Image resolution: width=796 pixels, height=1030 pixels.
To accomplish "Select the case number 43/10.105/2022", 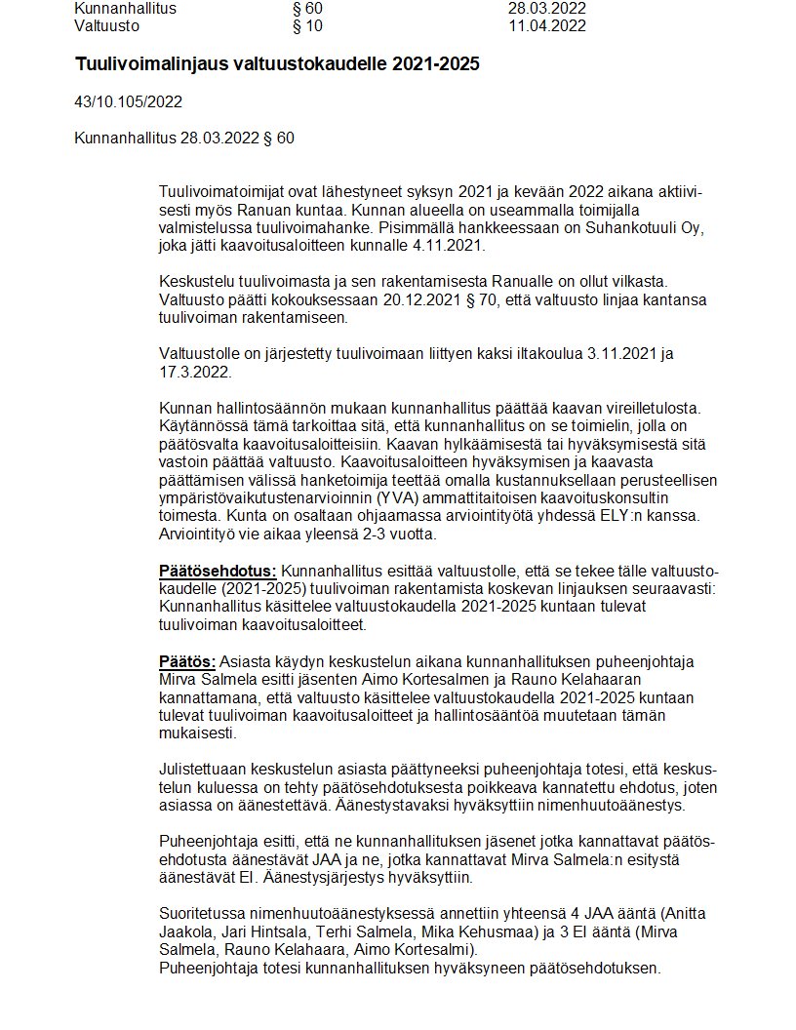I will [128, 101].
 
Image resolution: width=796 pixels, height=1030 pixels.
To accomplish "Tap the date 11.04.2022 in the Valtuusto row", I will [547, 25].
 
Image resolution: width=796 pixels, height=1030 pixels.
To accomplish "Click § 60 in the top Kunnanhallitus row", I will [307, 8].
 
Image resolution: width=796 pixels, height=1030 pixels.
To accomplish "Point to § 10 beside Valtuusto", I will [307, 25].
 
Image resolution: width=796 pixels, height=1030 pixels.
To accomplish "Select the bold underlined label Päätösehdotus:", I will [218, 571].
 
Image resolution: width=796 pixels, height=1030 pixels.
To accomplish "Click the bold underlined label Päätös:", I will [186, 660].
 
